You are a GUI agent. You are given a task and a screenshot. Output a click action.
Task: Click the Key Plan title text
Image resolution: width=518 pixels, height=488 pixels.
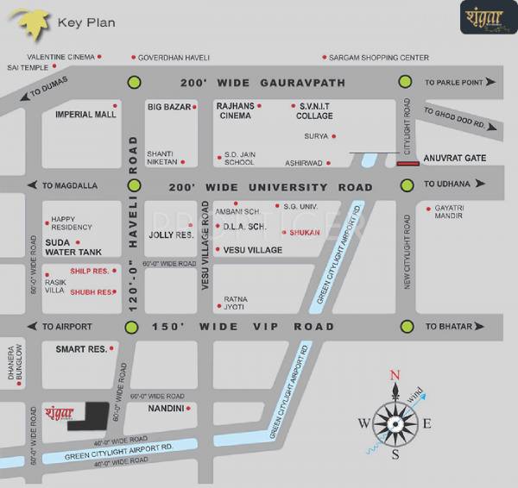[85, 22]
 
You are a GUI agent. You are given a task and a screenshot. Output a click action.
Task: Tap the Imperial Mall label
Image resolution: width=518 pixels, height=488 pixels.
[85, 114]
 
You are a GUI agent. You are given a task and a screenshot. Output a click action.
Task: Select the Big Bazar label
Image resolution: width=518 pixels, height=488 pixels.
[169, 107]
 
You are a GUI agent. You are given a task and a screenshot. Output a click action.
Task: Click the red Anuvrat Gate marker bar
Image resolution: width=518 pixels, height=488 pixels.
[407, 162]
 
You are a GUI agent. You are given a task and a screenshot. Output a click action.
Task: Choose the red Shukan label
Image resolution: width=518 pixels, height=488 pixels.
[304, 232]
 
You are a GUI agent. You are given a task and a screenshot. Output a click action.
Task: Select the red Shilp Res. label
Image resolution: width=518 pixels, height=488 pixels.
[89, 271]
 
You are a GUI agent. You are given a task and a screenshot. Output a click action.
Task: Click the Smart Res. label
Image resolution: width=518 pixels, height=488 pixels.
[81, 349]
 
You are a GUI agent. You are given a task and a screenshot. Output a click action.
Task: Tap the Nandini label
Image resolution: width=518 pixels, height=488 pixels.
[164, 408]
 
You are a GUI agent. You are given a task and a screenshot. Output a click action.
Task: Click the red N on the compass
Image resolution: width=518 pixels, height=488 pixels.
[395, 374]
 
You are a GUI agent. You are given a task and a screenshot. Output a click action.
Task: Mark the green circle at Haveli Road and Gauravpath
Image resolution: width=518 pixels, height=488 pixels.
[133, 83]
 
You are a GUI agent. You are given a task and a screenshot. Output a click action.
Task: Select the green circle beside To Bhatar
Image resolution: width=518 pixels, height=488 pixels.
[405, 327]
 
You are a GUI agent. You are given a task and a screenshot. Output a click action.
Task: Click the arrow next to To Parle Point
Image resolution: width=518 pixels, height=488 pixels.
[490, 83]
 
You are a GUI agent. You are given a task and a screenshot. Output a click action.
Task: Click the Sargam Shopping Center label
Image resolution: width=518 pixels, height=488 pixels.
[380, 58]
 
